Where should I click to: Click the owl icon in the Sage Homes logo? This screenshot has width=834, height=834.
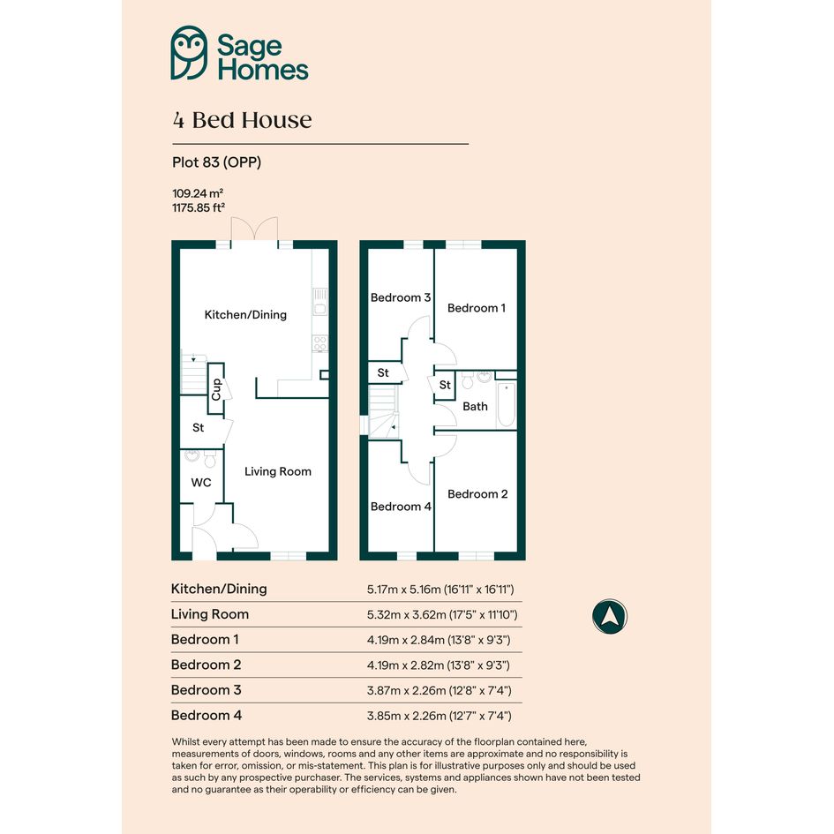pyautogui.click(x=189, y=53)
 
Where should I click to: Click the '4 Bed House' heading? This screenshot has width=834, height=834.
pyautogui.click(x=242, y=120)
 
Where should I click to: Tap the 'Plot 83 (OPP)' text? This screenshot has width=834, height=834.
pyautogui.click(x=216, y=162)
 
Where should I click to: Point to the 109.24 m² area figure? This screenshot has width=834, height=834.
pyautogui.click(x=198, y=193)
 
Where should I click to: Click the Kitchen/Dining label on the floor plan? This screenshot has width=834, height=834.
pyautogui.click(x=245, y=315)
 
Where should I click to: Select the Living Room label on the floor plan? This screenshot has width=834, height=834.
pyautogui.click(x=278, y=471)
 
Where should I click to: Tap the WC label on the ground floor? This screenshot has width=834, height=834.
pyautogui.click(x=201, y=483)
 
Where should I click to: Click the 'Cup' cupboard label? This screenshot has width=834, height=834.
pyautogui.click(x=216, y=389)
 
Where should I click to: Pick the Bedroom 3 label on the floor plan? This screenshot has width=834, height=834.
pyautogui.click(x=401, y=297)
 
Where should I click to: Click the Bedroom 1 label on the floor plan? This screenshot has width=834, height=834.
pyautogui.click(x=477, y=308)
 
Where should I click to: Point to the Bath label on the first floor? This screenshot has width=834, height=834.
pyautogui.click(x=475, y=406)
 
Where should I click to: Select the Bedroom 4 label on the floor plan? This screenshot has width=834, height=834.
pyautogui.click(x=401, y=507)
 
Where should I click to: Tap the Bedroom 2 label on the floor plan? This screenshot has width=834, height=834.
pyautogui.click(x=477, y=494)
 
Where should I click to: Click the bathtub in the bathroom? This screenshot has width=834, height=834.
pyautogui.click(x=507, y=405)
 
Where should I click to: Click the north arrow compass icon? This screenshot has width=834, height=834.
pyautogui.click(x=610, y=617)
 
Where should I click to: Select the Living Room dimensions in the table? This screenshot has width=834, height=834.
pyautogui.click(x=442, y=615)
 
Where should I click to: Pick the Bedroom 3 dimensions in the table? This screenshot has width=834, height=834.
pyautogui.click(x=439, y=690)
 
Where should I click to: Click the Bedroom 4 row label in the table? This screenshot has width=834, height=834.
pyautogui.click(x=207, y=716)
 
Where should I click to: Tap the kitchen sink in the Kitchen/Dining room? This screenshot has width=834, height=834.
pyautogui.click(x=320, y=302)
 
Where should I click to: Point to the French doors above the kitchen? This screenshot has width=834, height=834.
pyautogui.click(x=254, y=229)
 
